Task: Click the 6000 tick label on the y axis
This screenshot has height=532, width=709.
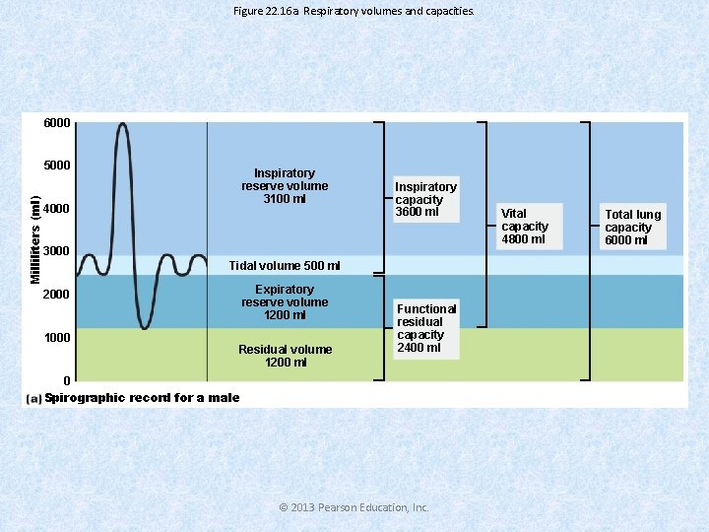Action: click(x=56, y=123)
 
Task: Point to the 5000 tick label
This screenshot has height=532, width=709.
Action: click(x=56, y=165)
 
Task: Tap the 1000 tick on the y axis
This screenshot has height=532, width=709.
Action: click(x=56, y=338)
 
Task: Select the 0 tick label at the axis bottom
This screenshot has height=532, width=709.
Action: click(x=66, y=380)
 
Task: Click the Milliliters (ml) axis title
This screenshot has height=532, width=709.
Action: click(x=35, y=238)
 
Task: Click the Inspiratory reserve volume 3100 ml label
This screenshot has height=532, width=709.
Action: click(x=285, y=185)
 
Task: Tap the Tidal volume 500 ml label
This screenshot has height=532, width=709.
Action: click(x=284, y=265)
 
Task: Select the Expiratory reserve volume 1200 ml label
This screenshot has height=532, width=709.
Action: click(x=285, y=302)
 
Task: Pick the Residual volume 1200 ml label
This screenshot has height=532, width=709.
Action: click(x=285, y=356)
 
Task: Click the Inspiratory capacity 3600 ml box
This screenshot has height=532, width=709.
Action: click(x=425, y=199)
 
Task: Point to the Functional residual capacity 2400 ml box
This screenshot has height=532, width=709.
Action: click(x=426, y=328)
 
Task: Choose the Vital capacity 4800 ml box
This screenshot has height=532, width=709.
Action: click(x=525, y=226)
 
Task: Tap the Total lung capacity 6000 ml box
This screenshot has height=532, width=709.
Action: click(x=632, y=227)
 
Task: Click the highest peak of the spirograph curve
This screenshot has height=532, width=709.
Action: click(x=121, y=124)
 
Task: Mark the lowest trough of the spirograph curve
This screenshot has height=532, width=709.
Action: click(x=144, y=328)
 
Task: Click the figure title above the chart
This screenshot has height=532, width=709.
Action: click(x=354, y=11)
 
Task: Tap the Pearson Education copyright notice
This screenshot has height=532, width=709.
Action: click(x=354, y=507)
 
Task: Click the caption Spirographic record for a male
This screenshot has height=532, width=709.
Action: click(x=142, y=397)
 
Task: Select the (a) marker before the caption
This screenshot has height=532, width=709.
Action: click(x=33, y=398)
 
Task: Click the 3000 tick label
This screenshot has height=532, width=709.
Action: click(x=56, y=251)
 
